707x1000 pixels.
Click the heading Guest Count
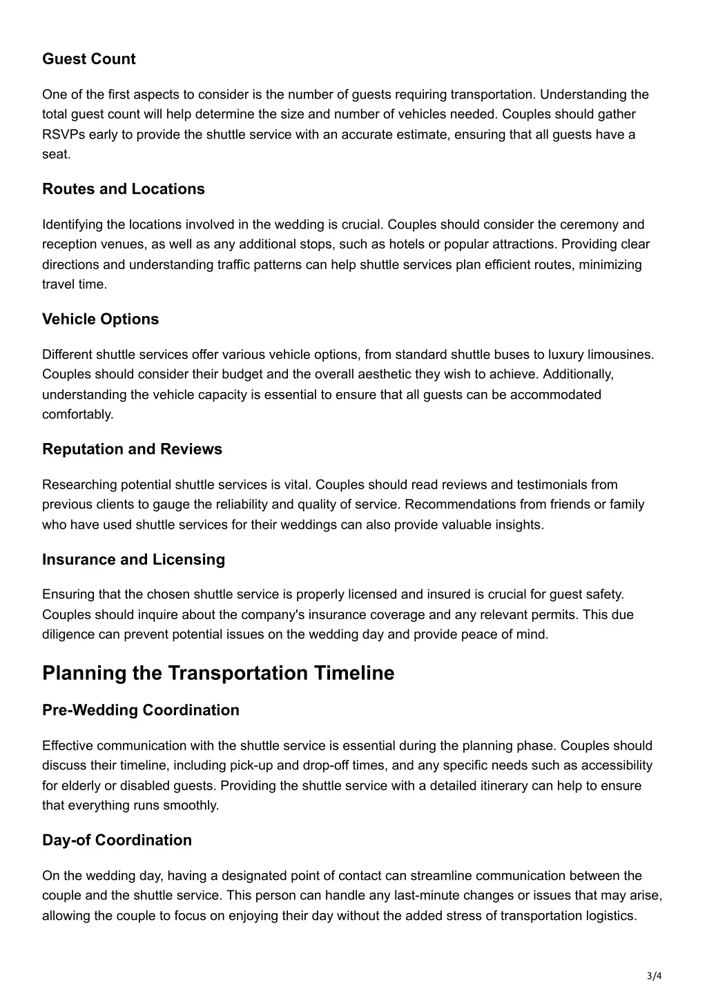click(89, 59)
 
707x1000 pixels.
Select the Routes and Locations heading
click(124, 189)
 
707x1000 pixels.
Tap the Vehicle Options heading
click(100, 319)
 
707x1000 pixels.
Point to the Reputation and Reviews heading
click(132, 449)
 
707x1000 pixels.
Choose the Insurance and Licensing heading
click(133, 560)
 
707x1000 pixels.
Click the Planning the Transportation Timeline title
click(218, 673)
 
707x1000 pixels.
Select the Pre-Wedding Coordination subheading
click(141, 710)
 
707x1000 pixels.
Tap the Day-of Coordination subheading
click(117, 841)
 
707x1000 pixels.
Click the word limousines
click(619, 355)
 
